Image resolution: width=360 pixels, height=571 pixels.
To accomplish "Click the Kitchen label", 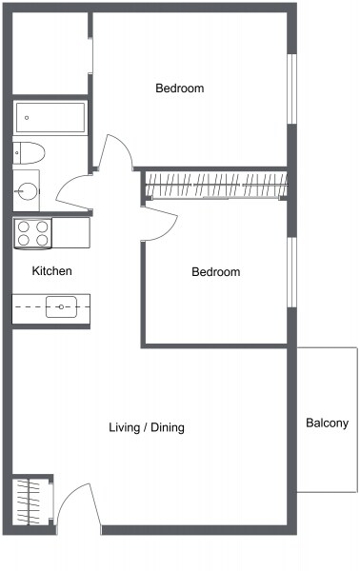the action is point(51,270).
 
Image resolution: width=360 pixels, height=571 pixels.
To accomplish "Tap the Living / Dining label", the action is point(147,427).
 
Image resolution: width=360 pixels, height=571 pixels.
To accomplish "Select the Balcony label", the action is point(327,423).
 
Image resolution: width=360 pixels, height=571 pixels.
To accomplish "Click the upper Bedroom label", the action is point(180,88).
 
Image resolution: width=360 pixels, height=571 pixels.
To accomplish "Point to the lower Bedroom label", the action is point(215,271).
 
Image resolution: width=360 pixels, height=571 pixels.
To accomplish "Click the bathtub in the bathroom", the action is point(50,117).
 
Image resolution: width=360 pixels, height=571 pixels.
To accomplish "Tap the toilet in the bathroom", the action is point(29,153).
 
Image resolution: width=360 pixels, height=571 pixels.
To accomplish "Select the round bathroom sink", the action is point(28,191).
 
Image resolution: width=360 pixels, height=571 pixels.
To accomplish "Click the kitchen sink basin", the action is point(61,307).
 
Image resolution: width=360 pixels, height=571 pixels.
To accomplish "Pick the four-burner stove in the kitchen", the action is point(32,233).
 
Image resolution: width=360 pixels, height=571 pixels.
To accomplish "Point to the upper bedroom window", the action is point(291,89).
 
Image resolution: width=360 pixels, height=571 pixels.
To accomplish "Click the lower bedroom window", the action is point(291,272).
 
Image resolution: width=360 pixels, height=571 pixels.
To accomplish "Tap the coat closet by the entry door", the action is point(32,502).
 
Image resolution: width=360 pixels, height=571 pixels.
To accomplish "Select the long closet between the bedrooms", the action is point(216,185).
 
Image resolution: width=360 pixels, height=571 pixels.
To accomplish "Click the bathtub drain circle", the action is point(27,118).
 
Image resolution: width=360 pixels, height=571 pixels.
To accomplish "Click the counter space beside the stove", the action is point(71,233).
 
